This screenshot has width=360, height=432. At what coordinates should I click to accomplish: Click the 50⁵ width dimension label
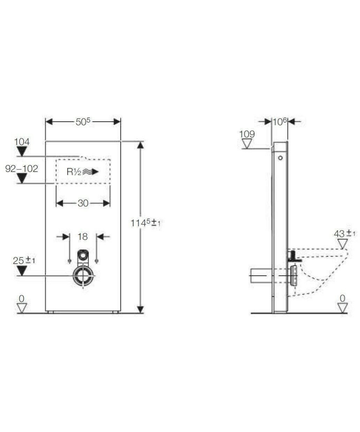pyautogui.click(x=83, y=122)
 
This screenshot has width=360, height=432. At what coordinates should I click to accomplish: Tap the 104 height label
pyautogui.click(x=22, y=142)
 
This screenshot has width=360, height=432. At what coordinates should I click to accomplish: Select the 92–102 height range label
pyautogui.click(x=22, y=169)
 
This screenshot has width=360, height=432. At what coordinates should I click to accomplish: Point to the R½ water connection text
pyautogui.click(x=74, y=172)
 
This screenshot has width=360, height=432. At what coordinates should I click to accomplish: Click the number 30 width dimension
pyautogui.click(x=83, y=203)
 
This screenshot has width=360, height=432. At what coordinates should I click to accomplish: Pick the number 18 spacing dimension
pyautogui.click(x=83, y=237)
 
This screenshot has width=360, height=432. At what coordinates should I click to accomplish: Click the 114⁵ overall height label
pyautogui.click(x=145, y=223)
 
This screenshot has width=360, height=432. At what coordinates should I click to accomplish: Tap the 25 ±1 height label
pyautogui.click(x=24, y=261)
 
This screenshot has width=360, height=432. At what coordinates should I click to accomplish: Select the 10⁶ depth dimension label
pyautogui.click(x=279, y=122)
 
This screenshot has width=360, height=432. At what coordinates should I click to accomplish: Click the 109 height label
pyautogui.click(x=247, y=134)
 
